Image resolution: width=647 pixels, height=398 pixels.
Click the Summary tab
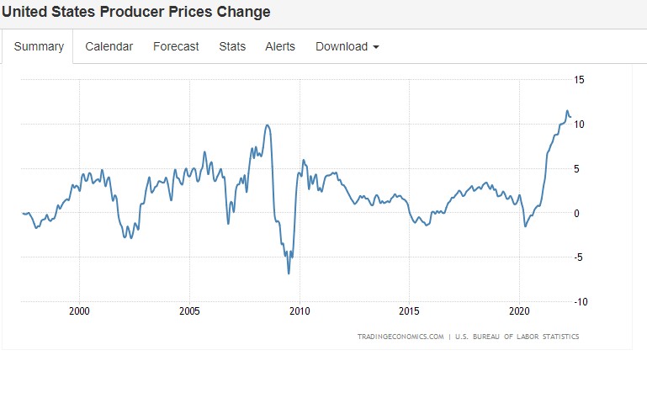pyautogui.click(x=39, y=46)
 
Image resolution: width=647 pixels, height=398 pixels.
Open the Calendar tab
pyautogui.click(x=109, y=46)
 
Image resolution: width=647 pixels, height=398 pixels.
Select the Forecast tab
pyautogui.click(x=176, y=46)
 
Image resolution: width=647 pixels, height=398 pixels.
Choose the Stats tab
pyautogui.click(x=232, y=46)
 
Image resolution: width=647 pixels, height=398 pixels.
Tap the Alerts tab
pyautogui.click(x=280, y=46)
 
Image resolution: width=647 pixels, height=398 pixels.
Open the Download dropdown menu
pyautogui.click(x=347, y=46)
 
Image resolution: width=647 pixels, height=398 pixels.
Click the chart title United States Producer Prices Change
pyautogui.click(x=135, y=12)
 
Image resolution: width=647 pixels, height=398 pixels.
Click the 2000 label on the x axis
pyautogui.click(x=79, y=311)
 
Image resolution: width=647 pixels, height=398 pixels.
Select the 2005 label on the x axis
pyautogui.click(x=189, y=311)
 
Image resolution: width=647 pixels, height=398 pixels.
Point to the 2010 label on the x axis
pyautogui.click(x=300, y=311)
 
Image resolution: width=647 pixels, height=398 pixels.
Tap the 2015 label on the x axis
pyautogui.click(x=409, y=311)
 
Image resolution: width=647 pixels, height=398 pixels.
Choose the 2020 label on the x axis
pyautogui.click(x=519, y=311)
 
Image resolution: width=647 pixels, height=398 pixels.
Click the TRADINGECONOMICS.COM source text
pyautogui.click(x=400, y=337)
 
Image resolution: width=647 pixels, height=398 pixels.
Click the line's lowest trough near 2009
pyautogui.click(x=289, y=273)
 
